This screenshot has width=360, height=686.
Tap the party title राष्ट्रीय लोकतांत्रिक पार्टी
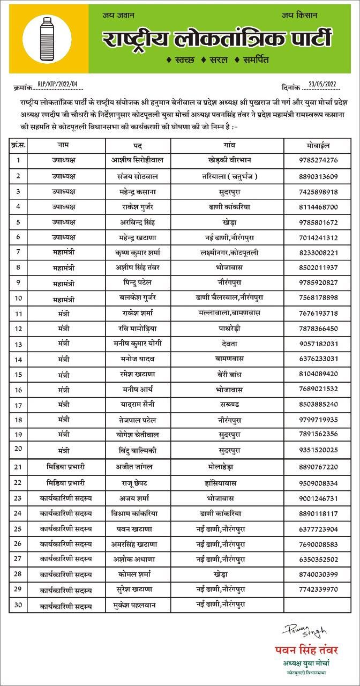point(217,39)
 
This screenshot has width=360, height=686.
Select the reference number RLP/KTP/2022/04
point(58,84)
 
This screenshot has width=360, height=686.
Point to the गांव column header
point(232,145)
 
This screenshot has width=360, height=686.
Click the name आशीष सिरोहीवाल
point(138,160)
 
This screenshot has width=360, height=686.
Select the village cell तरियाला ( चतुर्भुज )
point(232,176)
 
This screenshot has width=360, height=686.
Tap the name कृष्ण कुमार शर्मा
point(138,252)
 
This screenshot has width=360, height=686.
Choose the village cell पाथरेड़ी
point(232,328)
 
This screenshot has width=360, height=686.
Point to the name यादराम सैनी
point(138,404)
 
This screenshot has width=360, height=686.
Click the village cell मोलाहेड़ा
point(232,467)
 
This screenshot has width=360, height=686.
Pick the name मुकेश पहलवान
point(138,606)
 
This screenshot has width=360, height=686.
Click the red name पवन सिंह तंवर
point(306,650)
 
